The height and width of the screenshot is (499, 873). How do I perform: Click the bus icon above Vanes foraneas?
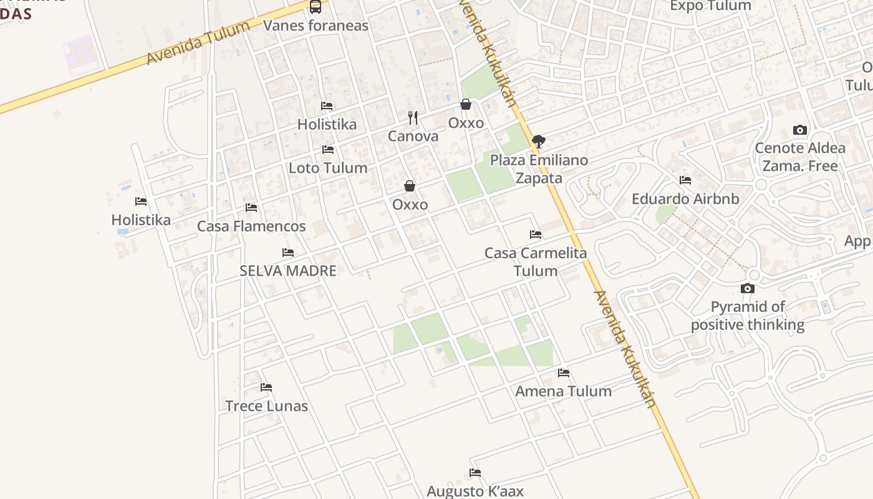click(316, 7)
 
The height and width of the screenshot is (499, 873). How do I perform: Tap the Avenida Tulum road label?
click(198, 42)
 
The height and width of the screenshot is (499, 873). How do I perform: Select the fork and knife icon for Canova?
click(412, 117)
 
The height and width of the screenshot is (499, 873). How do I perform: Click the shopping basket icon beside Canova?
click(465, 104)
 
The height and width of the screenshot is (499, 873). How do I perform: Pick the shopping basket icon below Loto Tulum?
click(410, 186)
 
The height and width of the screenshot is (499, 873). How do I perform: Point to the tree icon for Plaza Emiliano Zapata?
click(539, 142)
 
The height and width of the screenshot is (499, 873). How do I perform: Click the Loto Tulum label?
click(327, 168)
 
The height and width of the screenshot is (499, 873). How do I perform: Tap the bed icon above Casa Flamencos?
click(251, 207)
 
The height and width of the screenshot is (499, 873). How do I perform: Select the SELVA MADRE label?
click(288, 271)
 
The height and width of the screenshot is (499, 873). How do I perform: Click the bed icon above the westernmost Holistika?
click(141, 201)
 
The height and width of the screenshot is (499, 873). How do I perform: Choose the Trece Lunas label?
click(266, 406)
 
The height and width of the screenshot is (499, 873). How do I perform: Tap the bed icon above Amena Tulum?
click(564, 373)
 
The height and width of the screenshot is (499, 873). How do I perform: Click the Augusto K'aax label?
click(475, 491)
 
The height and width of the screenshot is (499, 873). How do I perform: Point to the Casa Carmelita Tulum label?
click(536, 262)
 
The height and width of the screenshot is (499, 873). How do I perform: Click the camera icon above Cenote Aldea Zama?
click(800, 130)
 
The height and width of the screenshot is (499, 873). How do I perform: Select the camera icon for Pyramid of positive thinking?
click(747, 288)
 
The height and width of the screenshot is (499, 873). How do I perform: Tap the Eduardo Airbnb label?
click(685, 199)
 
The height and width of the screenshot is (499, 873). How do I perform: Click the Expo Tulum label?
click(710, 6)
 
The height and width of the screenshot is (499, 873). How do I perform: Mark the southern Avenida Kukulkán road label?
click(624, 349)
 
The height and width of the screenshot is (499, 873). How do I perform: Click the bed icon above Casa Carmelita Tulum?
click(536, 235)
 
